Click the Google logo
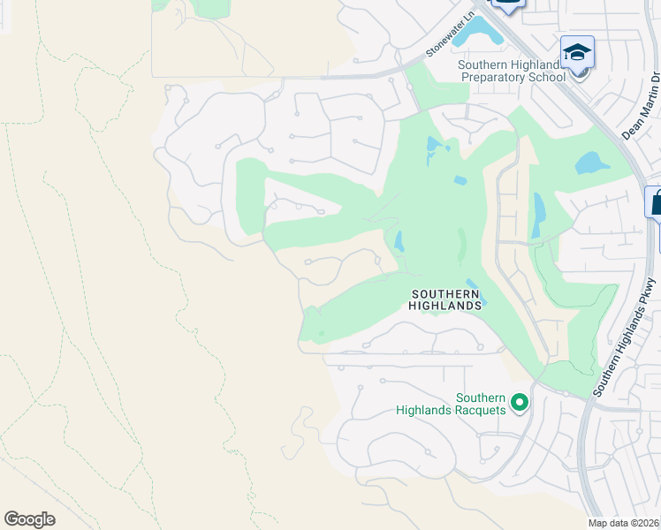click(x=29, y=519)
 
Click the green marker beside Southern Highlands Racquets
click(x=520, y=404)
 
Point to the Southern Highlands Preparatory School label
click(x=512, y=71)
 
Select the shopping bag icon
click(x=656, y=203)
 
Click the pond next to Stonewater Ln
click(x=480, y=33)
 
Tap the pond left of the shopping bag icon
click(x=591, y=163)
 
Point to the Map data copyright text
click(x=624, y=522)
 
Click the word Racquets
click(x=482, y=410)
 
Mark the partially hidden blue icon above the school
click(x=508, y=4)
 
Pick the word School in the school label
click(x=548, y=77)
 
